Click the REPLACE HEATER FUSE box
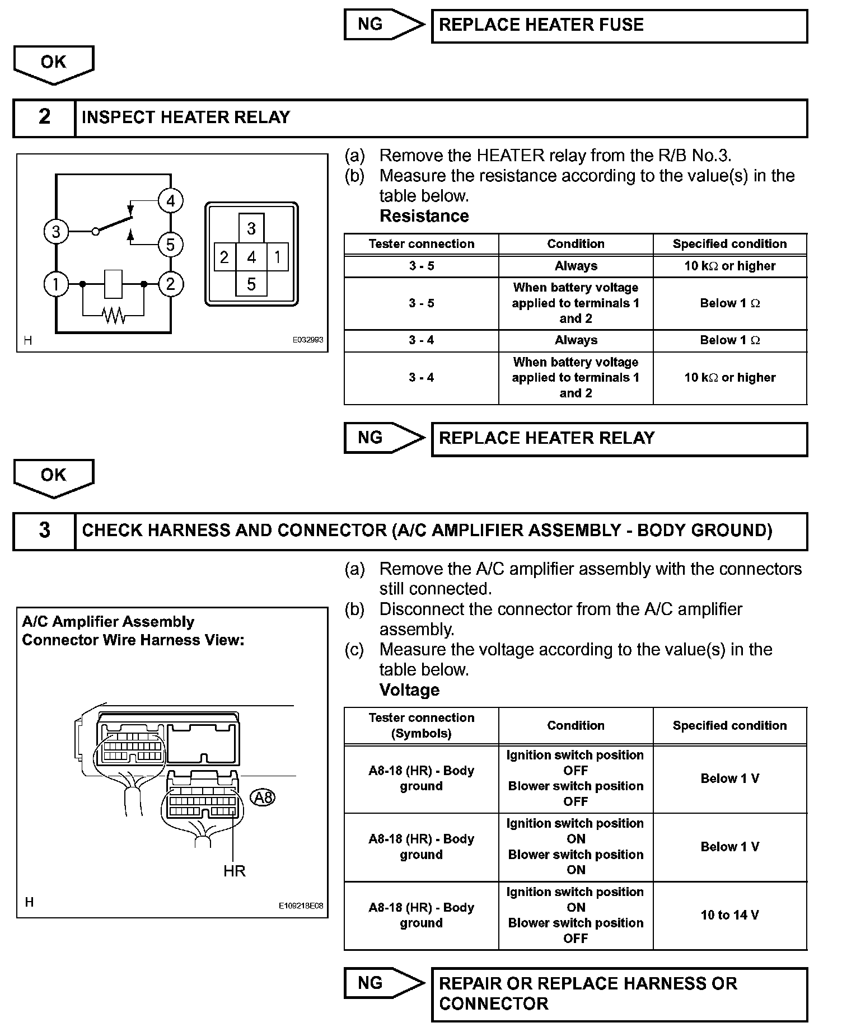(619, 26)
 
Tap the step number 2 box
(44, 118)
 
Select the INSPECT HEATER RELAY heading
(186, 118)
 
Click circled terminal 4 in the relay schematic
(170, 201)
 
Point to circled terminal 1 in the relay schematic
(55, 284)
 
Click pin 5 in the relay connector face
(251, 284)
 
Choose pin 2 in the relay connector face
(224, 257)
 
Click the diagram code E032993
(308, 340)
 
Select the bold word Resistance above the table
(424, 216)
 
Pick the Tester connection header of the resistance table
(421, 244)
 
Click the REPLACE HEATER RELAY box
(619, 439)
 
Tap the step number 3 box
(44, 531)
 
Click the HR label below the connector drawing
(234, 871)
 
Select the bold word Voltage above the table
(409, 690)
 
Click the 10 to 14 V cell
(729, 915)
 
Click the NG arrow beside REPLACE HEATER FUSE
(383, 25)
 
